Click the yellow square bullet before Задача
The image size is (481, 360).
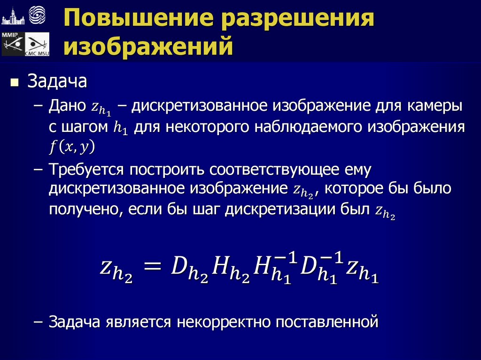pyautogui.click(x=15, y=83)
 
